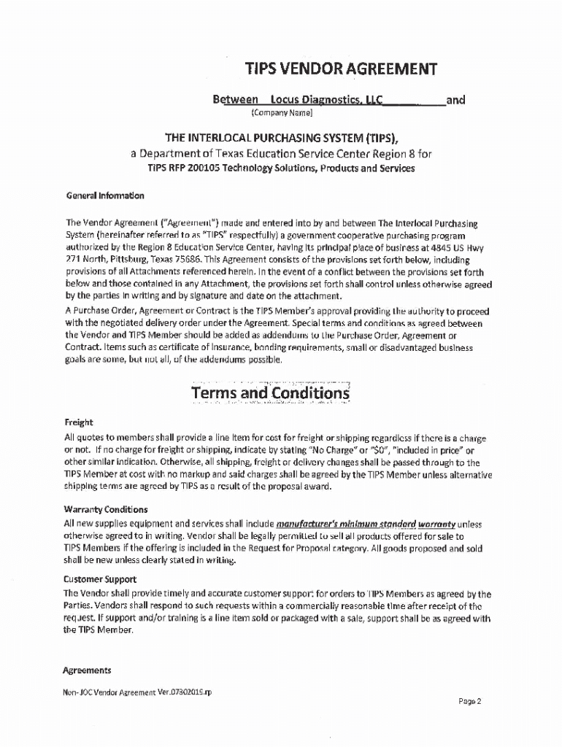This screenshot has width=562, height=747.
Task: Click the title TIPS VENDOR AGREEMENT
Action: pyautogui.click(x=341, y=69)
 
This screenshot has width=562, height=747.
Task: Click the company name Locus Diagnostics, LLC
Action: pyautogui.click(x=326, y=100)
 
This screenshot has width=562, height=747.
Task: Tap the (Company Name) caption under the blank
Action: pyautogui.click(x=282, y=113)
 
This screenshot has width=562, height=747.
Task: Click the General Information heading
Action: pyautogui.click(x=105, y=196)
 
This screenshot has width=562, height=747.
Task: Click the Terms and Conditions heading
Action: pyautogui.click(x=270, y=393)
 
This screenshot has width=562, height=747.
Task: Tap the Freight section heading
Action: pyautogui.click(x=79, y=422)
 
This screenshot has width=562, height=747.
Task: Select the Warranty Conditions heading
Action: pyautogui.click(x=105, y=509)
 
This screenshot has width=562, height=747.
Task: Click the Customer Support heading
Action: pyautogui.click(x=102, y=579)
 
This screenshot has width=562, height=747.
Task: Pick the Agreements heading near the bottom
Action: pyautogui.click(x=87, y=670)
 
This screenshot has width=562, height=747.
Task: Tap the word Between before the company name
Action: pyautogui.click(x=235, y=100)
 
